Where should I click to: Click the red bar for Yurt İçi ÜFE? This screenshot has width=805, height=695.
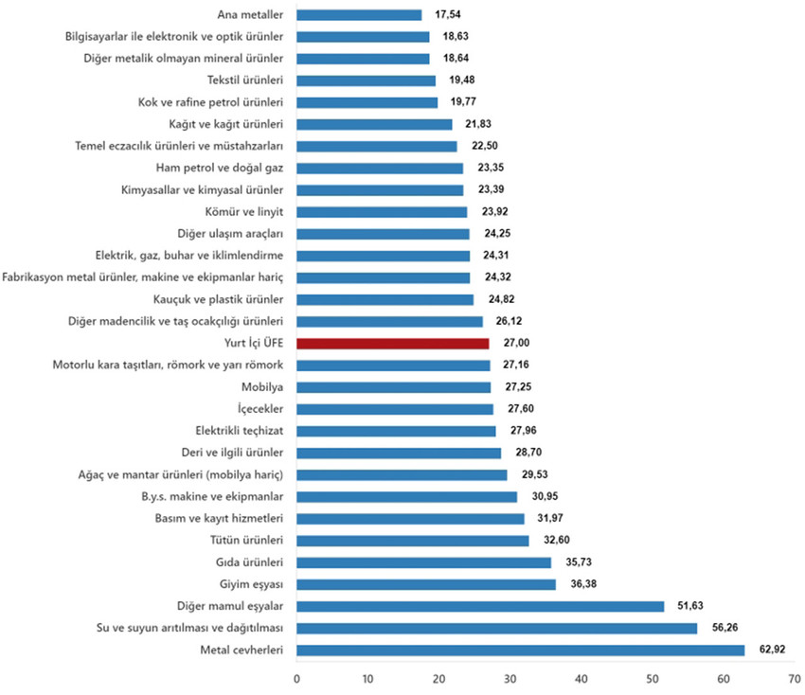[393, 344]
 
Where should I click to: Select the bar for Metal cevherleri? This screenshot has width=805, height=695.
[521, 650]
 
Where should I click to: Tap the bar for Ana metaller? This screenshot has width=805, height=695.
[359, 15]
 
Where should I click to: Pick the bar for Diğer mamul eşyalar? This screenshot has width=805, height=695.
[480, 606]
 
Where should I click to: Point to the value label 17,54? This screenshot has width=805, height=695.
[447, 15]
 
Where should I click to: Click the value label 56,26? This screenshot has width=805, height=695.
[722, 628]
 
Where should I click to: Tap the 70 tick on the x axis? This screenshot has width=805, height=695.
[794, 678]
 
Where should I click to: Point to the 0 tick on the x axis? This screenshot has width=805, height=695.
[296, 678]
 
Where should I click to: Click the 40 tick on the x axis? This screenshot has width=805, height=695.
[581, 678]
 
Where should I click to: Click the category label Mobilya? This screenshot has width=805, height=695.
[265, 387]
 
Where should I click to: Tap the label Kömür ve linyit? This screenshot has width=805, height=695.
[245, 212]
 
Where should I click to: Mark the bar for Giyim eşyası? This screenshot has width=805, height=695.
[426, 584]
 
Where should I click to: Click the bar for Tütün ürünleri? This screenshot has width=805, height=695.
[413, 541]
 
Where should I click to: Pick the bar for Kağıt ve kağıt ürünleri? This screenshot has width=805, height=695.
[374, 124]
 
